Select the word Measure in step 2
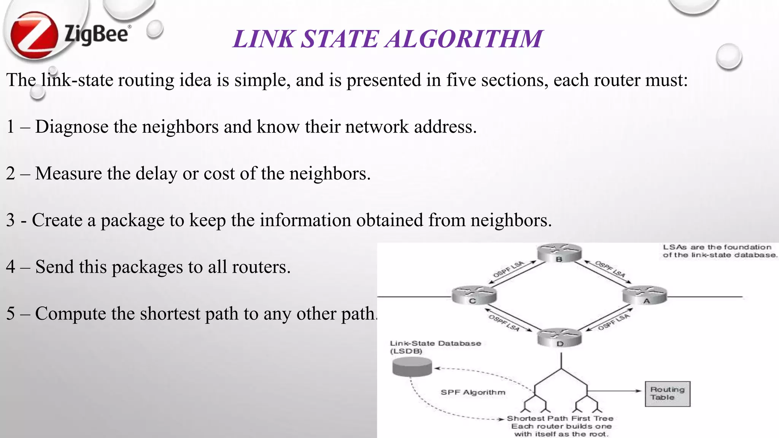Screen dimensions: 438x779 coord(68,173)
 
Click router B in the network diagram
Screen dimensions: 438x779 coord(559,253)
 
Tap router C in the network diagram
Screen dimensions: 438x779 coord(474,295)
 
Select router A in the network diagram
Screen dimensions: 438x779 coord(645,295)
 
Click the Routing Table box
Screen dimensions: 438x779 coord(668,394)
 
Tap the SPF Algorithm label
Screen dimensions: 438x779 coord(473,392)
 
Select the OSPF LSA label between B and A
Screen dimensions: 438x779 coord(610,269)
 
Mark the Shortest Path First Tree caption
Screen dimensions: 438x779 coord(560,418)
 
